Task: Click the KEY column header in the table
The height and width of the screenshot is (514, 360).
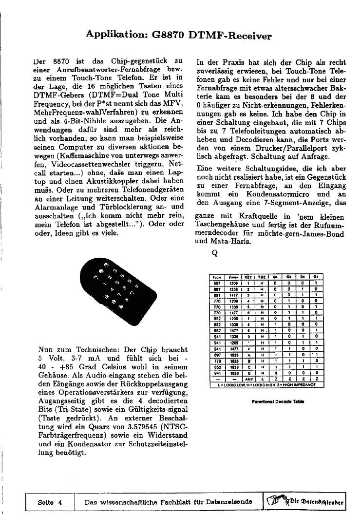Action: (x=248, y=276)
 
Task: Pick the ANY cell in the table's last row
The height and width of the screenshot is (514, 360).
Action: (x=248, y=380)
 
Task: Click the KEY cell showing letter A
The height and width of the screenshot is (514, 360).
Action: (x=248, y=356)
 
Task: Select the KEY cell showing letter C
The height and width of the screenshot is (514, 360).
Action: (x=248, y=367)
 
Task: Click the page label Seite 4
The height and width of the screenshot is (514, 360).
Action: (x=50, y=501)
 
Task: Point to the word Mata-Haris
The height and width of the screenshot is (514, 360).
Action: (x=226, y=241)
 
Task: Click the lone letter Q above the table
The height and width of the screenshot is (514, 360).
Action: (x=214, y=253)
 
